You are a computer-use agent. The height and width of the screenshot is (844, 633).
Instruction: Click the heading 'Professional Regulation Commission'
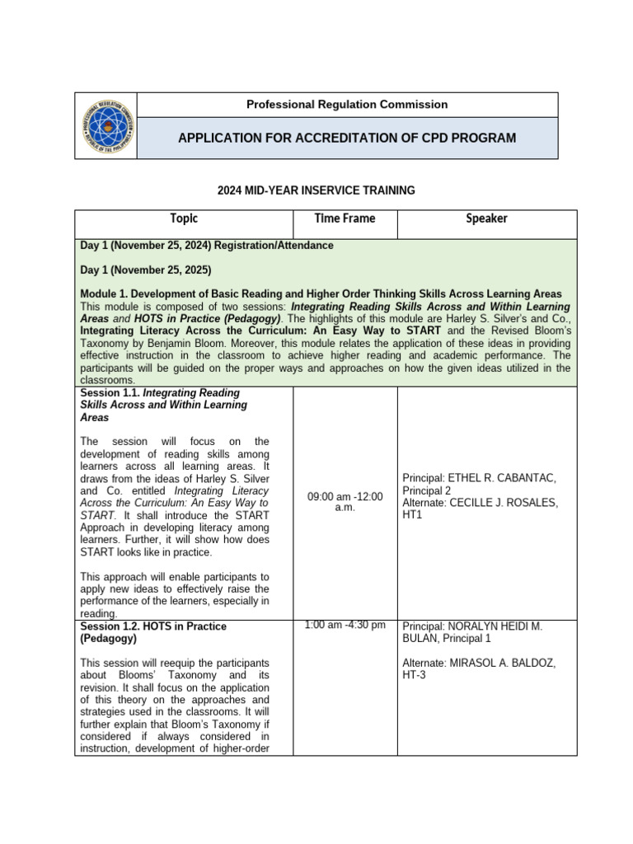pyautogui.click(x=347, y=105)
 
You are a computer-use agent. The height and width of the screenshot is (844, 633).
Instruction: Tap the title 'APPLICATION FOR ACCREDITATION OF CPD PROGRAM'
pyautogui.click(x=347, y=138)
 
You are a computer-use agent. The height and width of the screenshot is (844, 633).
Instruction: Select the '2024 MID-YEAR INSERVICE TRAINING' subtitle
pyautogui.click(x=316, y=190)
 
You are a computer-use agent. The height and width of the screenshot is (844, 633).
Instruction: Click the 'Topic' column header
pyautogui.click(x=184, y=219)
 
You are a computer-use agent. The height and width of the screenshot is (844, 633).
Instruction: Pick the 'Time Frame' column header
pyautogui.click(x=345, y=218)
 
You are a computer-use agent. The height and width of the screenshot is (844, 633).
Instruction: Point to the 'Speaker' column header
pyautogui.click(x=486, y=218)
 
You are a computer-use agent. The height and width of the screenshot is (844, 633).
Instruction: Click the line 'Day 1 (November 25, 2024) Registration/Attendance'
pyautogui.click(x=207, y=246)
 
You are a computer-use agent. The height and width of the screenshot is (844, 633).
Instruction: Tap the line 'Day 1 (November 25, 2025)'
pyautogui.click(x=146, y=270)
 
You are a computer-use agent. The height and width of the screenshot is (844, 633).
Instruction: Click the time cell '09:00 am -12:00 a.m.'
pyautogui.click(x=345, y=503)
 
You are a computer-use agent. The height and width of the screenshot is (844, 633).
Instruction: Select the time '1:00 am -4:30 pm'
pyautogui.click(x=345, y=625)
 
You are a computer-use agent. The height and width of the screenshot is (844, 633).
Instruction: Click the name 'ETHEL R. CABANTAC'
pyautogui.click(x=504, y=478)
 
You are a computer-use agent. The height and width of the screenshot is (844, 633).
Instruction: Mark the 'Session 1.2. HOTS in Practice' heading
pyautogui.click(x=153, y=626)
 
